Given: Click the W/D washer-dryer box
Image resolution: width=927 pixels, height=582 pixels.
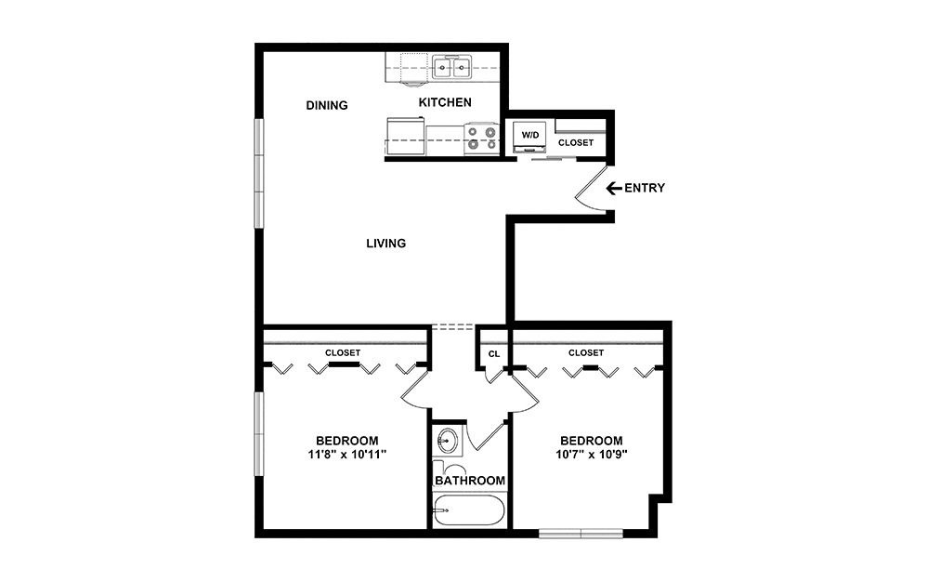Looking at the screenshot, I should [530, 136].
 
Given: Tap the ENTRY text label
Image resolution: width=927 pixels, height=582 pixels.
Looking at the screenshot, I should [644, 188].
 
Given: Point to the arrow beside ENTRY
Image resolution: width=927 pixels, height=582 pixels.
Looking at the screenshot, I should [613, 188].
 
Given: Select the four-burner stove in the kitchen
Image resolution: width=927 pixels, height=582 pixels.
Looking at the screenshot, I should [480, 139].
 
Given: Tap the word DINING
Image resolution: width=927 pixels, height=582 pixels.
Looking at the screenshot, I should [327, 105].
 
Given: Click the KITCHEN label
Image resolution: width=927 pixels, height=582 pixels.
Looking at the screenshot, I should [445, 102].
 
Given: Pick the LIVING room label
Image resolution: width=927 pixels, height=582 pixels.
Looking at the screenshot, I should [385, 244].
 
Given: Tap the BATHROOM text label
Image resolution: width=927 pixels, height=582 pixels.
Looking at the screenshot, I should [470, 481].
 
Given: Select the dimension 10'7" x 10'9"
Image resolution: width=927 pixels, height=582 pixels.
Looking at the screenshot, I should [591, 455].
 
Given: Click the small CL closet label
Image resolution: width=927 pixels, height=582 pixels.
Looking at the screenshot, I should [493, 353].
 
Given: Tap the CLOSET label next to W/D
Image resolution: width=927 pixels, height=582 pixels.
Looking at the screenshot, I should [576, 143].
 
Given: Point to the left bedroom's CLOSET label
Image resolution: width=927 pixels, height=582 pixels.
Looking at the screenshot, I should [343, 353].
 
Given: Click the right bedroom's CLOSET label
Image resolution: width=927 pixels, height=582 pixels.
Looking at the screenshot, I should [585, 353].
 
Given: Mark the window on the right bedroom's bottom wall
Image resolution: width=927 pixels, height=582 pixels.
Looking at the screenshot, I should [581, 534].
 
